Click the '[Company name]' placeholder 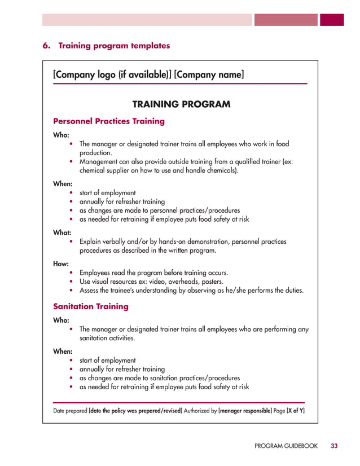coord(209,74)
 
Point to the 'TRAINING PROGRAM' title coord(181,104)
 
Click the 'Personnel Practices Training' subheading coord(109,121)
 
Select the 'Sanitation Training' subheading coord(91,306)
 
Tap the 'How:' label coord(62,262)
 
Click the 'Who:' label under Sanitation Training coord(62,319)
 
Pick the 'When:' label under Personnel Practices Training coord(63,183)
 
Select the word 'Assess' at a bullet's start coord(90,291)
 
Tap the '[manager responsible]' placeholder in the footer coord(244,411)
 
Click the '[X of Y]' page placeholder coord(296,411)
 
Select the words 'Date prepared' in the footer coord(70,411)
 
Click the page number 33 coord(334,446)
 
